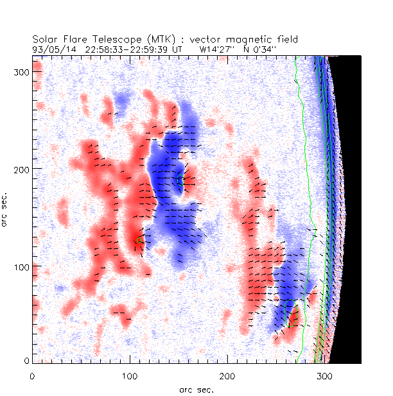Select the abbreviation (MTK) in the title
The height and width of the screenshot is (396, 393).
158,40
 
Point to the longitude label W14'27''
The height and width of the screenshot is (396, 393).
219,48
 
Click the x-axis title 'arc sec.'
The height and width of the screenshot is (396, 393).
197,389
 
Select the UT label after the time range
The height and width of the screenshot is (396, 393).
178,48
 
